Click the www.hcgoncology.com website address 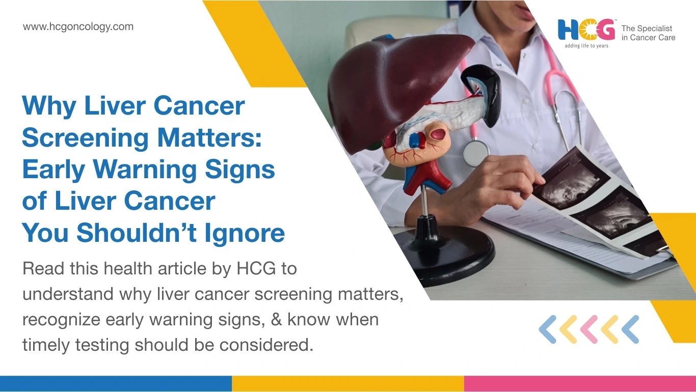pyautogui.click(x=78, y=27)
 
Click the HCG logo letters pyautogui.click(x=586, y=30)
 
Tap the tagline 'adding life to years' pyautogui.click(x=586, y=46)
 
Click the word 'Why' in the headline pyautogui.click(x=49, y=106)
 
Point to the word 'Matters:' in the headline pyautogui.click(x=209, y=137)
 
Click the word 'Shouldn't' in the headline pyautogui.click(x=137, y=232)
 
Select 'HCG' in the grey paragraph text pyautogui.click(x=256, y=268)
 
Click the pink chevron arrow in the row pyautogui.click(x=588, y=329)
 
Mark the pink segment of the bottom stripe pyautogui.click(x=580, y=384)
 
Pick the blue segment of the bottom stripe pyautogui.click(x=116, y=384)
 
